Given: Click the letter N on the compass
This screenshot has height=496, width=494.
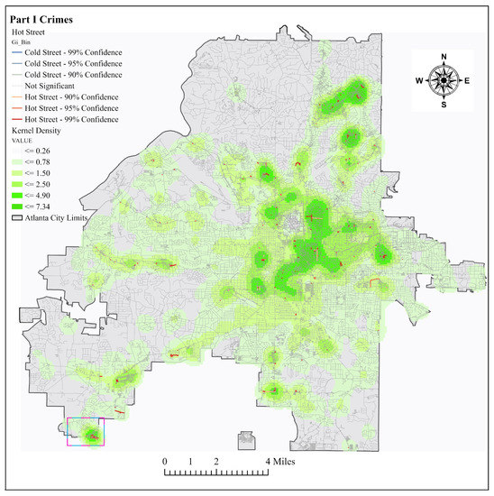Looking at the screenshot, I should pos(444,57).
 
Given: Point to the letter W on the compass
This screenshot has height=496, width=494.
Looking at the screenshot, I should pos(419,80).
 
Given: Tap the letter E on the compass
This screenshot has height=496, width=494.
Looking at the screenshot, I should pos(467,80).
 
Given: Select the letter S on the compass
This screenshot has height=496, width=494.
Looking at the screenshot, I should pos(444,104).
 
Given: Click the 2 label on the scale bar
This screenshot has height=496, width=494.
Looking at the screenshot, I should pos(216,461).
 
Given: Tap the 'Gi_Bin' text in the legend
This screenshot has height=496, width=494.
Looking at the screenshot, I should pos(20,41).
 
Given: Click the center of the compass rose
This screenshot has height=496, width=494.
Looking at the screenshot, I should pos(444,80).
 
